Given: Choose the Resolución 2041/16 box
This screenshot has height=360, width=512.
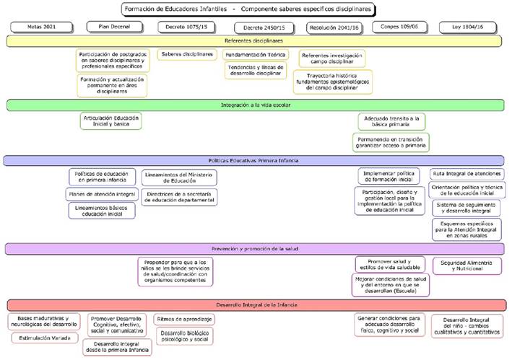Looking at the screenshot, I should click(x=332, y=27).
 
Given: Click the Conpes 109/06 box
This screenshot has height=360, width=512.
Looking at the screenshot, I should click(x=400, y=27).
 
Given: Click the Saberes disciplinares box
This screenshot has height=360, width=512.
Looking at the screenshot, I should click(x=187, y=54).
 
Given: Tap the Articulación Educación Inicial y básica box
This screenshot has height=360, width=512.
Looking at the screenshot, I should click(x=110, y=120).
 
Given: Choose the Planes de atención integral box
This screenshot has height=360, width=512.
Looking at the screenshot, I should click(x=100, y=194).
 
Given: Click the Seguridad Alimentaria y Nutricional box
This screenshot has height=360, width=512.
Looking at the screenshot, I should click(x=467, y=265).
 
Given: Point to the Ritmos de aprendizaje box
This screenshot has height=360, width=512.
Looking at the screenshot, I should click(x=184, y=319).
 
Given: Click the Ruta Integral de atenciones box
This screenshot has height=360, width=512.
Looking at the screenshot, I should click(x=467, y=174).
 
